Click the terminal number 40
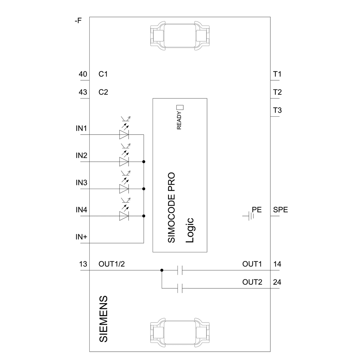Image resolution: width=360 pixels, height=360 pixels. click(83, 74)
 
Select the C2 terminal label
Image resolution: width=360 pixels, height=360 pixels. click(103, 92)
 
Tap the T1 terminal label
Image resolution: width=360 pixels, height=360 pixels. click(277, 74)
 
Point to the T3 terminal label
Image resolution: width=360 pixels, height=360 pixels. click(277, 110)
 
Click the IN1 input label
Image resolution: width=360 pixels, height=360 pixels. click(81, 129)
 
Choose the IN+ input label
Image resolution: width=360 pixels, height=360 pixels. click(81, 237)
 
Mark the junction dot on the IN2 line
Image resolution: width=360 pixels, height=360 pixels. click(144, 162)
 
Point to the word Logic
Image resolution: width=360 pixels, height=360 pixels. click(190, 231)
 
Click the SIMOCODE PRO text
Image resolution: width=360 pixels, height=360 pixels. click(172, 207)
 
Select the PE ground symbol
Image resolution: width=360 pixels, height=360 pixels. click(248, 216)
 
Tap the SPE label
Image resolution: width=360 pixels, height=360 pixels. click(280, 210)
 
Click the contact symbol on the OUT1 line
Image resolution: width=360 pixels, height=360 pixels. click(181, 270)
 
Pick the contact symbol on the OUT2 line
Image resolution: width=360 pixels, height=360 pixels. click(181, 288)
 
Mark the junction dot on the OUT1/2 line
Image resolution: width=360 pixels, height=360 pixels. click(162, 270)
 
